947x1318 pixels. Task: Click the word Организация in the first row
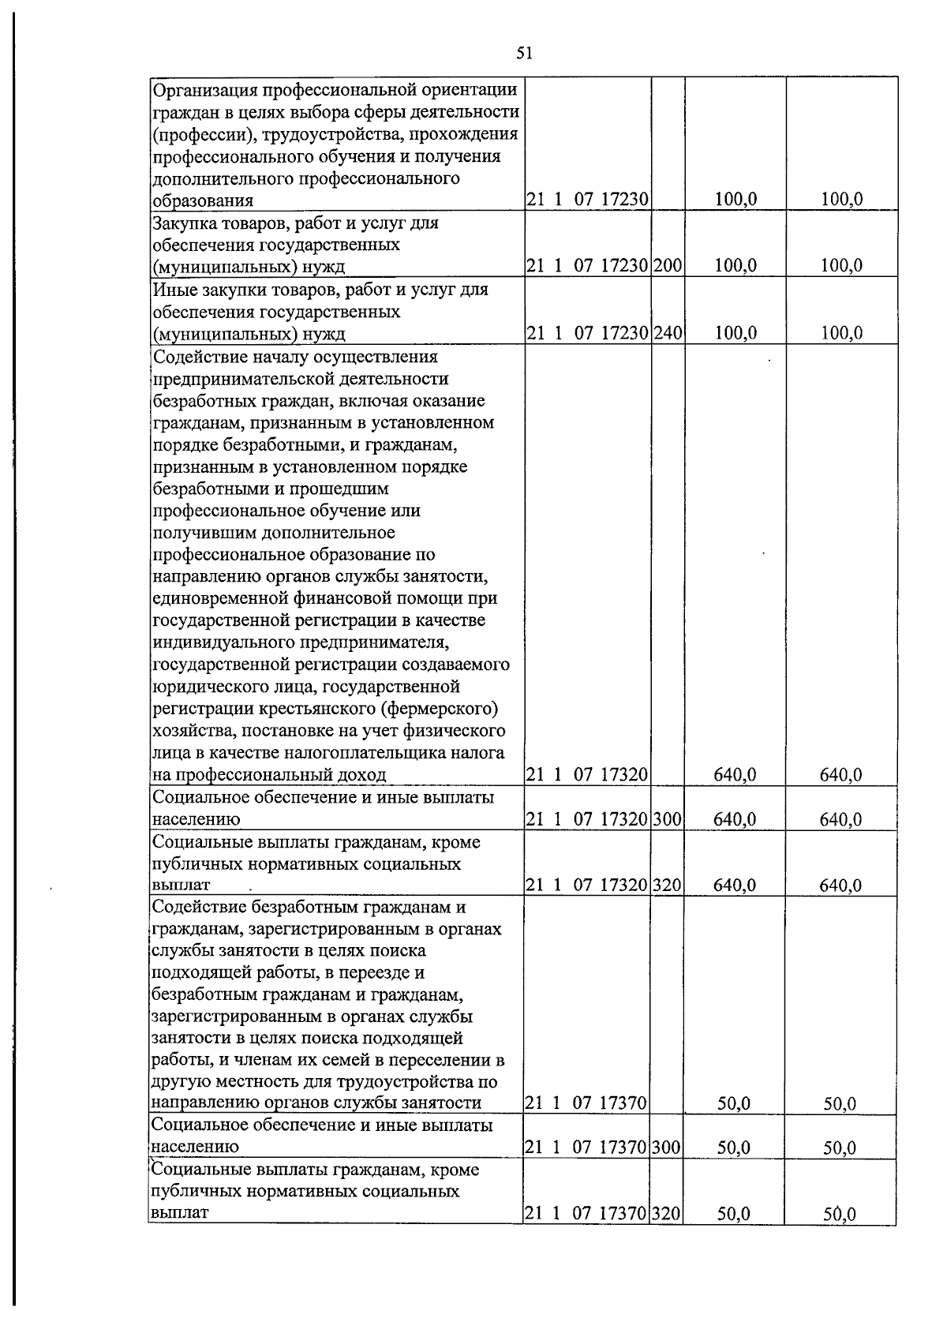(x=203, y=89)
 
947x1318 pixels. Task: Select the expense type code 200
(x=668, y=266)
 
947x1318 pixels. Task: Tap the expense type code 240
(x=668, y=333)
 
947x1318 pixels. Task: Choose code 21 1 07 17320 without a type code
(x=587, y=775)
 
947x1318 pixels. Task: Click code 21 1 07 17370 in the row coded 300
(x=587, y=1148)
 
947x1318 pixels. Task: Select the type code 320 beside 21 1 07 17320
(x=668, y=886)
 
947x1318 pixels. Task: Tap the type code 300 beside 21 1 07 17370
(x=668, y=1148)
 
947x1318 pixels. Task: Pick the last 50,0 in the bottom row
(x=840, y=1215)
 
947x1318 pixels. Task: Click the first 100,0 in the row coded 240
(x=736, y=333)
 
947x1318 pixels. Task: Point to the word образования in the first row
(x=202, y=200)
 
